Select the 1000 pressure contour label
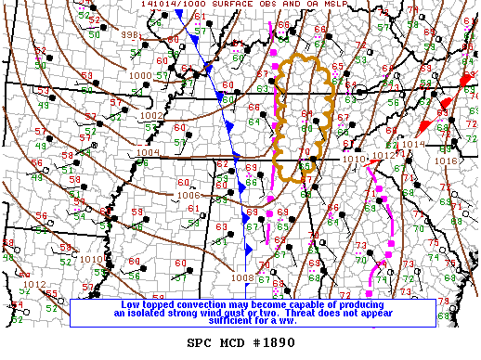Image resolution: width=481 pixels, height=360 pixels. tap(141, 75)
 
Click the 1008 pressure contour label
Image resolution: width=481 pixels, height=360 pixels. tap(242, 276)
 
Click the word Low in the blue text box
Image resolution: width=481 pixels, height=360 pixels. tap(133, 304)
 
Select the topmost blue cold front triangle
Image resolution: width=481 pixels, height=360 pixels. tap(180, 14)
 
